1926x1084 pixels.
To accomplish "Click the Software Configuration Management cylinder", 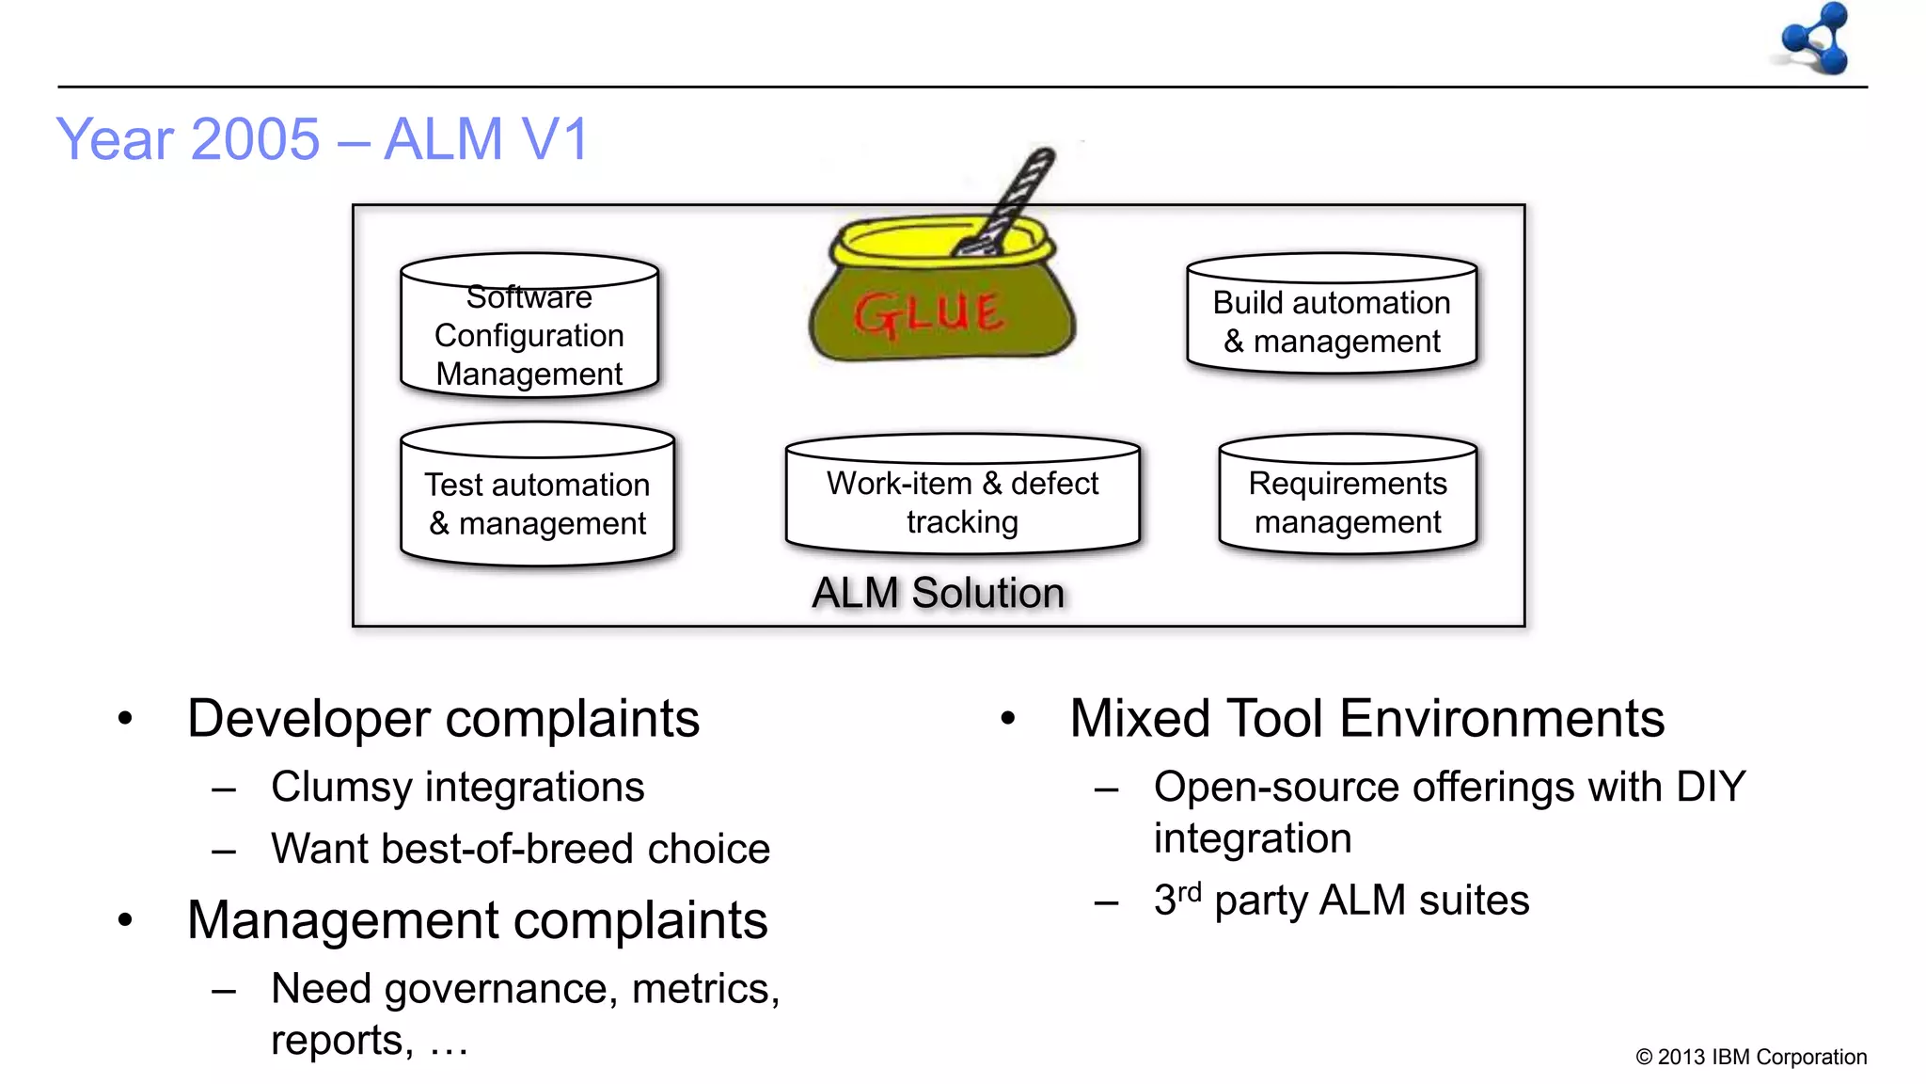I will click(529, 329).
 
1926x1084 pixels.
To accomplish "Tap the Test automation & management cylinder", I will click(537, 499).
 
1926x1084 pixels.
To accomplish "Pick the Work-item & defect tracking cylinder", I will click(962, 499).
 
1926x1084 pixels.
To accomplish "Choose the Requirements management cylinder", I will click(1347, 499).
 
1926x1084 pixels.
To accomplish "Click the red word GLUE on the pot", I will click(929, 313).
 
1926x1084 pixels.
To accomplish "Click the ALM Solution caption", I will click(938, 593).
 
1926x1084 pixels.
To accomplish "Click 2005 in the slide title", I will click(256, 139).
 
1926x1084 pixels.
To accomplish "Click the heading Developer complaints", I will click(443, 719).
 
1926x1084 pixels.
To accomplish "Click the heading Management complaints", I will click(477, 920).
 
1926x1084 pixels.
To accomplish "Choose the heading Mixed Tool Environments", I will click(1366, 719).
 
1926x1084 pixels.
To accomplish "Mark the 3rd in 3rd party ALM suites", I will click(1177, 899).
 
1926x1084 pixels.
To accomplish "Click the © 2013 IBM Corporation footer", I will click(1750, 1057).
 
